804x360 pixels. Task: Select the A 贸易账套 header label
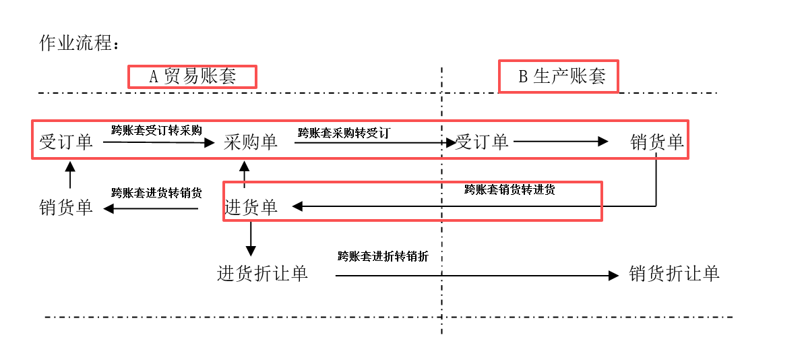[x=192, y=76]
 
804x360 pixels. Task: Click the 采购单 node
[x=251, y=142]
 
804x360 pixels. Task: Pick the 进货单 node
[x=251, y=207]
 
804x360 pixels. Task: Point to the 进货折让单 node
[x=263, y=273]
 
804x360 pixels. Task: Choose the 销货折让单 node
[x=675, y=273]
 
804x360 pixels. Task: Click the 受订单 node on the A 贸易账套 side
[x=66, y=142]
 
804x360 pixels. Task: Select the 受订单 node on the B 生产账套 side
[x=482, y=142]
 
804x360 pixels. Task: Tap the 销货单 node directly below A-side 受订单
[x=66, y=208]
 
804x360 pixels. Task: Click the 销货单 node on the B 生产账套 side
[x=657, y=142]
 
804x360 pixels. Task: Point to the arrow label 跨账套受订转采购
[x=156, y=129]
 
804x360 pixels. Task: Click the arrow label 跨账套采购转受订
[x=344, y=133]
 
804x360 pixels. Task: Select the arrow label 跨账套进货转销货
[x=156, y=193]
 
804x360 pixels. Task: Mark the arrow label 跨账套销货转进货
[x=509, y=189]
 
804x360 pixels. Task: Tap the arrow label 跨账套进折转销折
[x=383, y=257]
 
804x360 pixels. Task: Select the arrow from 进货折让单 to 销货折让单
[x=477, y=276]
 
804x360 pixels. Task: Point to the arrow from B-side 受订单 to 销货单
[x=561, y=142]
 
